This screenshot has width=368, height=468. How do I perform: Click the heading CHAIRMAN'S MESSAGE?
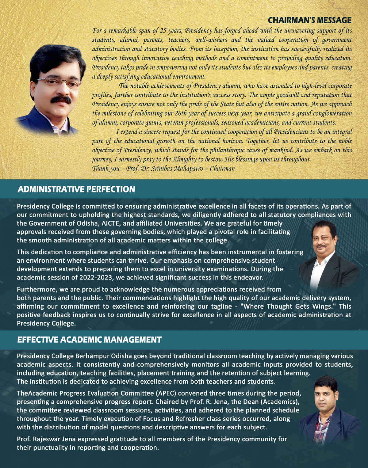click(309, 20)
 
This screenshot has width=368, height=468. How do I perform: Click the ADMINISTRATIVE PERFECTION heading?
click(76, 189)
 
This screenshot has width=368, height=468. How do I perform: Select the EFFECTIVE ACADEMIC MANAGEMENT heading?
click(89, 340)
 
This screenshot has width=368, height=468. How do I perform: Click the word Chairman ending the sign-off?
click(222, 169)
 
